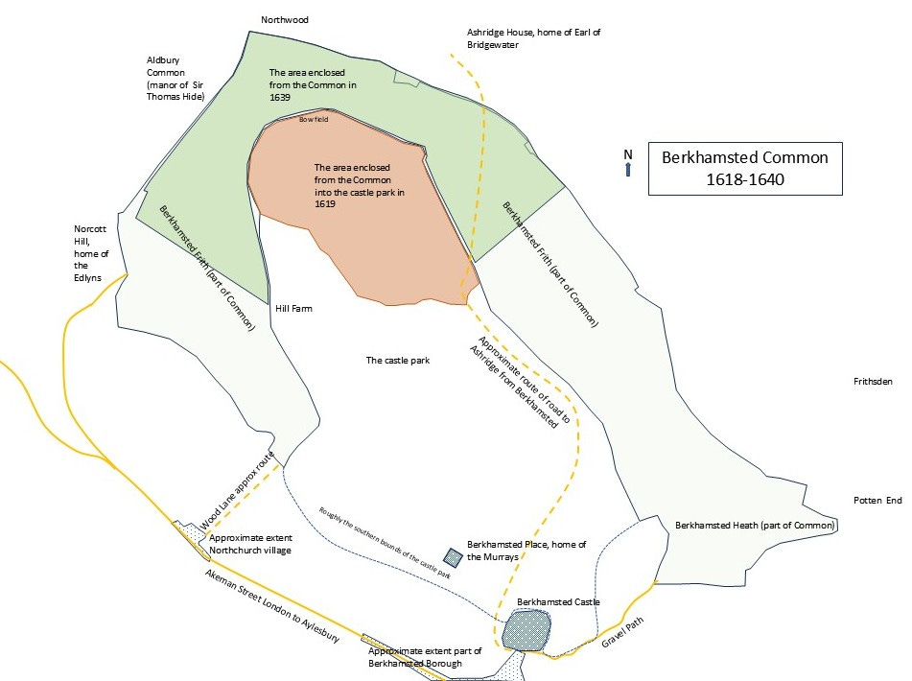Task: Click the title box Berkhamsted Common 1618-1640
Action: pos(744,169)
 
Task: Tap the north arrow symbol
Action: pos(628,164)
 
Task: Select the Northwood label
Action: pos(286,19)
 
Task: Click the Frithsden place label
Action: pos(873,382)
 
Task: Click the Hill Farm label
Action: pos(293,309)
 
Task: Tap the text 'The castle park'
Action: pos(397,361)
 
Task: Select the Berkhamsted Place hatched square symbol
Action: pos(454,556)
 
